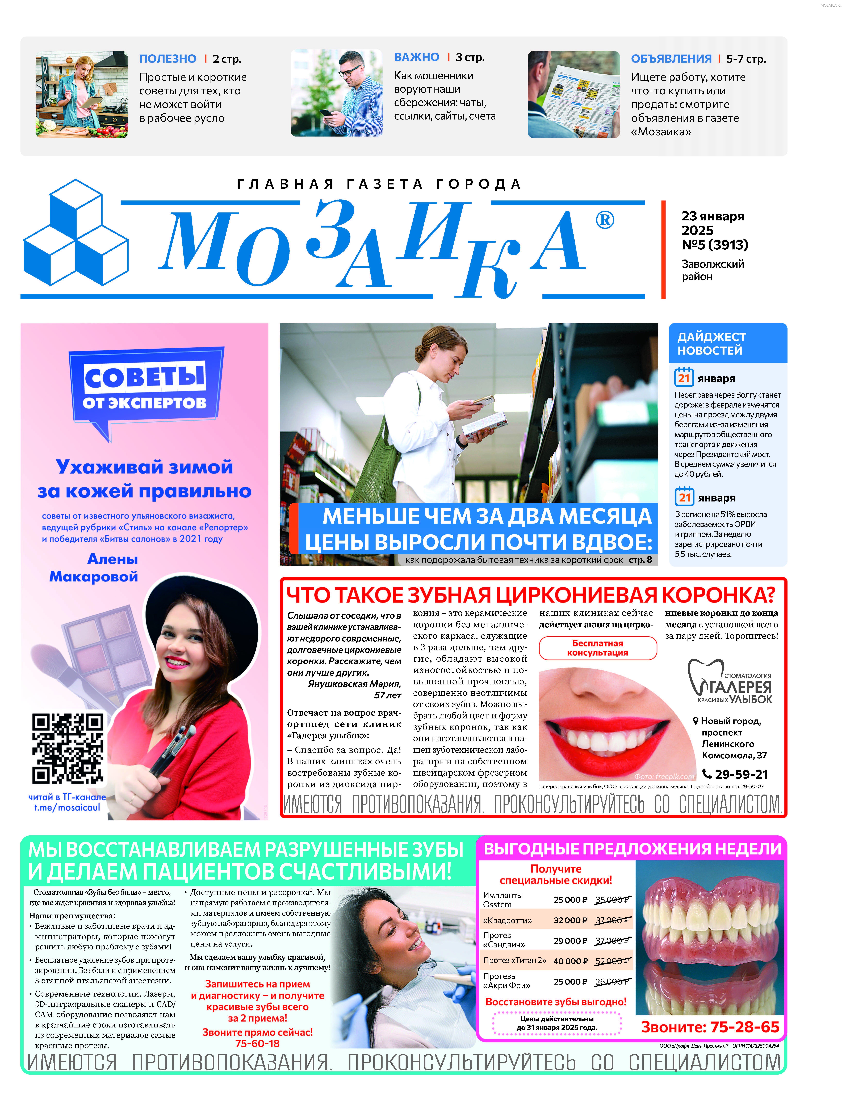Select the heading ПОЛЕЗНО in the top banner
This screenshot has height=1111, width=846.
tap(168, 59)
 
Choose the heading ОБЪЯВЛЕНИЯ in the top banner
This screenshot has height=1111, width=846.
tap(671, 59)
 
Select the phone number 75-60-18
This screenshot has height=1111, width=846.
tap(257, 1043)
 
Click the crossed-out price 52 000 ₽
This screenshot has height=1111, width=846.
tap(612, 961)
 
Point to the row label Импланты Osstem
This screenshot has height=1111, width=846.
tap(503, 900)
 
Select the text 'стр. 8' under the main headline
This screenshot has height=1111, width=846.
tap(640, 560)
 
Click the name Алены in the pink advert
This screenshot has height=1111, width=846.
tap(112, 559)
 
